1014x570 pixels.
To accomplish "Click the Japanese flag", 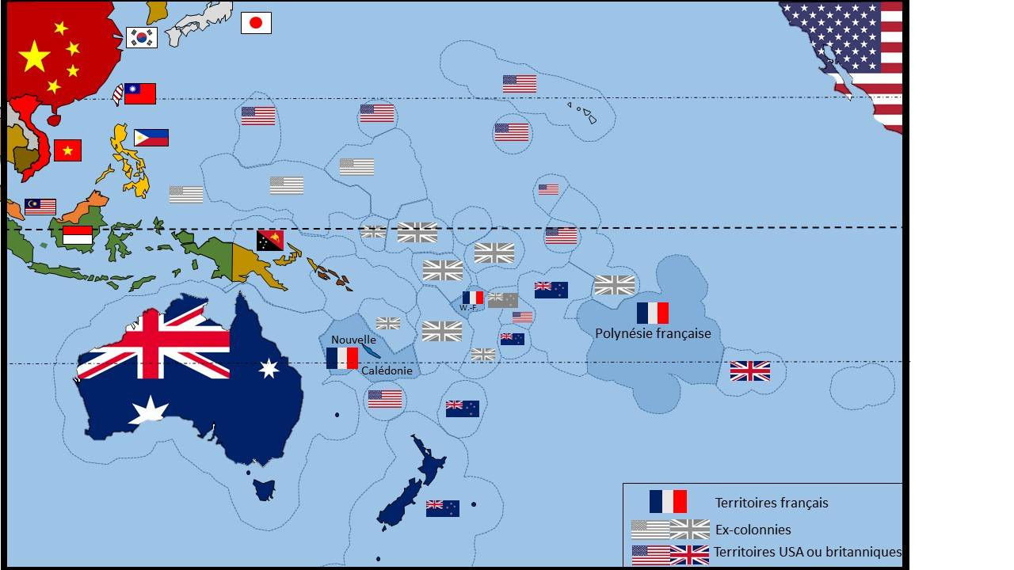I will click(x=256, y=23).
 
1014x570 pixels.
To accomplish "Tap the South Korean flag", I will click(x=142, y=37).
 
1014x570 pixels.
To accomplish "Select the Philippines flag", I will click(x=151, y=138).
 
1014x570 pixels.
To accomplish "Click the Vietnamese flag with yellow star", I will click(x=67, y=150).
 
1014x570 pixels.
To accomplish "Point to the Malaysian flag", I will click(x=40, y=207).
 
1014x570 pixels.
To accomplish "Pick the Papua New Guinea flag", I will click(x=269, y=241).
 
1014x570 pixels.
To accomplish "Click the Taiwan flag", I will click(x=139, y=93).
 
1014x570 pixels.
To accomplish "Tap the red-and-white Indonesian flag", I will click(x=78, y=235).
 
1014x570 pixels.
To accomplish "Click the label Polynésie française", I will click(x=653, y=333).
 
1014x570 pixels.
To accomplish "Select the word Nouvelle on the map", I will click(x=353, y=340).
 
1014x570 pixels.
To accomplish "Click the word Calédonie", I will click(x=387, y=370).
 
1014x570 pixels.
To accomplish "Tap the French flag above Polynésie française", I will click(x=652, y=313).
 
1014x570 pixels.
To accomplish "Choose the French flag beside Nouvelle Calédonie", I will click(x=342, y=358).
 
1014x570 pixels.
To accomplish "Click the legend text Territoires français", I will click(x=771, y=503).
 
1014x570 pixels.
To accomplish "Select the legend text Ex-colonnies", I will click(x=753, y=530).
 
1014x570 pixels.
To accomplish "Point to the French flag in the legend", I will click(x=668, y=502).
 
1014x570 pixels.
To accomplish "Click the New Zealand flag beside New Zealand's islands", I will click(x=442, y=508).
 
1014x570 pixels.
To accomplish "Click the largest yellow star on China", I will click(x=34, y=56).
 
